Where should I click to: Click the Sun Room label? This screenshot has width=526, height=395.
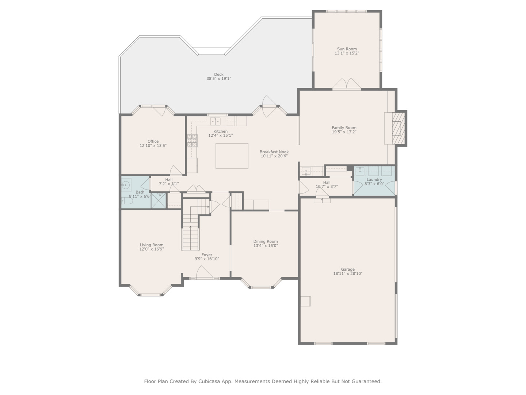[x=347, y=49]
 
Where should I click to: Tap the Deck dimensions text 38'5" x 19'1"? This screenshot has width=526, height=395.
[x=219, y=79]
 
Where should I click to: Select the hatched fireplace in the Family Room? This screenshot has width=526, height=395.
[x=398, y=128]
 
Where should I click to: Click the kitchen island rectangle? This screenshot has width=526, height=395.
[x=232, y=156]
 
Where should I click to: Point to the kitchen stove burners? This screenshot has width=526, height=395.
[x=192, y=141]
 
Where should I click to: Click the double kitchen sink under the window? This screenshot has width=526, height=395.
[x=216, y=121]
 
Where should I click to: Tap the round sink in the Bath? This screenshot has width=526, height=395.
[x=126, y=185]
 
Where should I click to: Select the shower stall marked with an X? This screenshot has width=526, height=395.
[x=159, y=201]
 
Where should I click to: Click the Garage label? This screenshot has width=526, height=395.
[x=348, y=269]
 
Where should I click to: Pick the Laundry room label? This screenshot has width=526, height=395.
[x=374, y=180]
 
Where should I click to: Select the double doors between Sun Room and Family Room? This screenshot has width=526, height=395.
[x=347, y=84]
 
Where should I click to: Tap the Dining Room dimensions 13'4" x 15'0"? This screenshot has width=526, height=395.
[x=266, y=246]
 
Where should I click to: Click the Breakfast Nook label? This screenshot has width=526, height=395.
[x=274, y=152]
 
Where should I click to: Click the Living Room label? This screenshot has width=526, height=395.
[x=151, y=245]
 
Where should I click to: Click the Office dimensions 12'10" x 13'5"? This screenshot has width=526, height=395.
[x=153, y=146]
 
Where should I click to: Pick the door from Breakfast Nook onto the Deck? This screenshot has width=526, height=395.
[x=269, y=106]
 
